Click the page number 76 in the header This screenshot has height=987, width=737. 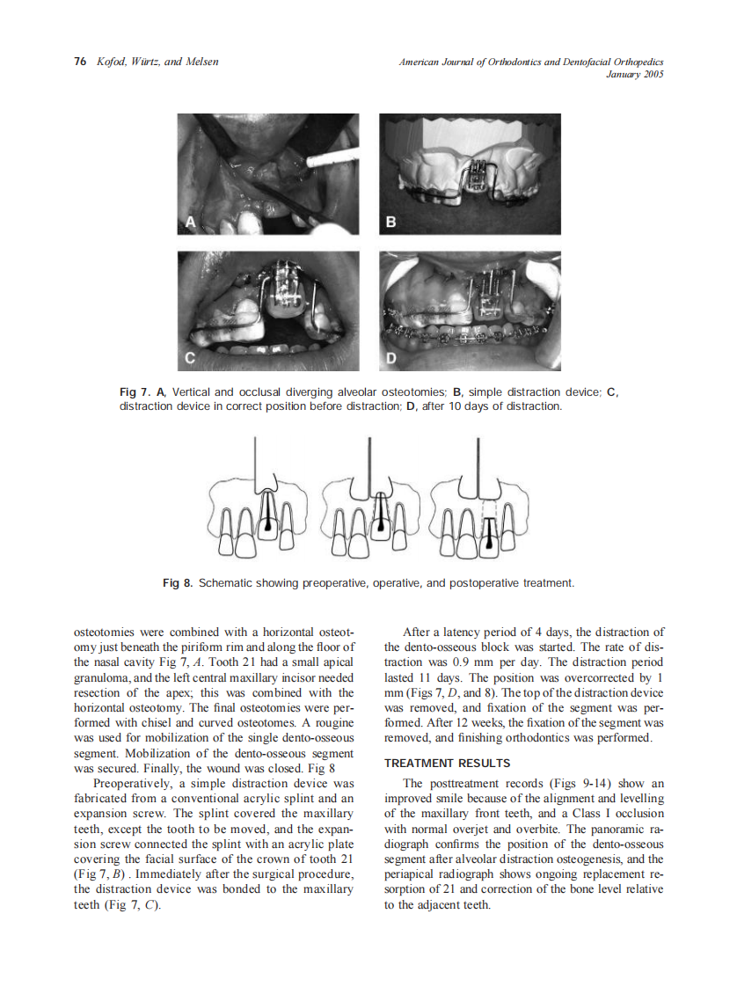(79, 62)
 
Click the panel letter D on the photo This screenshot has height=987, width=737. (391, 359)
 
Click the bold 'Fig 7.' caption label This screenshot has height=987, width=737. (135, 391)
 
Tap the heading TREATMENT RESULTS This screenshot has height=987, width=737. (447, 763)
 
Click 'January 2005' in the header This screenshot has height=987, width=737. (635, 75)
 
